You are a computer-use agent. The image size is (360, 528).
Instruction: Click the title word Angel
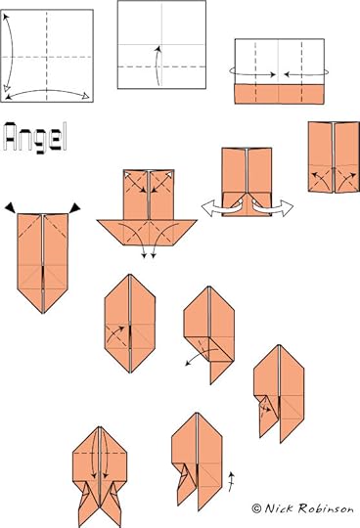[x=35, y=138]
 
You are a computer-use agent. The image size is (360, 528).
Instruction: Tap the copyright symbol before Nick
[x=256, y=508]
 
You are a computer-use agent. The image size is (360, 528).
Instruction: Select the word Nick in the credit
[x=278, y=507]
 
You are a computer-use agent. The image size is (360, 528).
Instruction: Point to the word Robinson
[x=326, y=508]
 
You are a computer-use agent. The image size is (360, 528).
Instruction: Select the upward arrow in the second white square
[x=157, y=66]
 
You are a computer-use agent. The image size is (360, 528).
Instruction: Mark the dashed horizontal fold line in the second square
[x=161, y=66]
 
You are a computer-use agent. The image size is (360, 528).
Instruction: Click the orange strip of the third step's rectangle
[x=280, y=94]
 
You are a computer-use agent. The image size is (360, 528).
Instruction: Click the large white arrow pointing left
[x=222, y=206]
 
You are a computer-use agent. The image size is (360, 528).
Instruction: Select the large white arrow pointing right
[x=273, y=206]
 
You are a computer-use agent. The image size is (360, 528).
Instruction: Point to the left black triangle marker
[x=10, y=207]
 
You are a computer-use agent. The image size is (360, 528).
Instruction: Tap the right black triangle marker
[x=74, y=207]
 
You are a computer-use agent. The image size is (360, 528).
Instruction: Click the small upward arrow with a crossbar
[x=231, y=481]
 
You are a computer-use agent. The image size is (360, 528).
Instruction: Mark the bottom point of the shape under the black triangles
[x=43, y=314]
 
